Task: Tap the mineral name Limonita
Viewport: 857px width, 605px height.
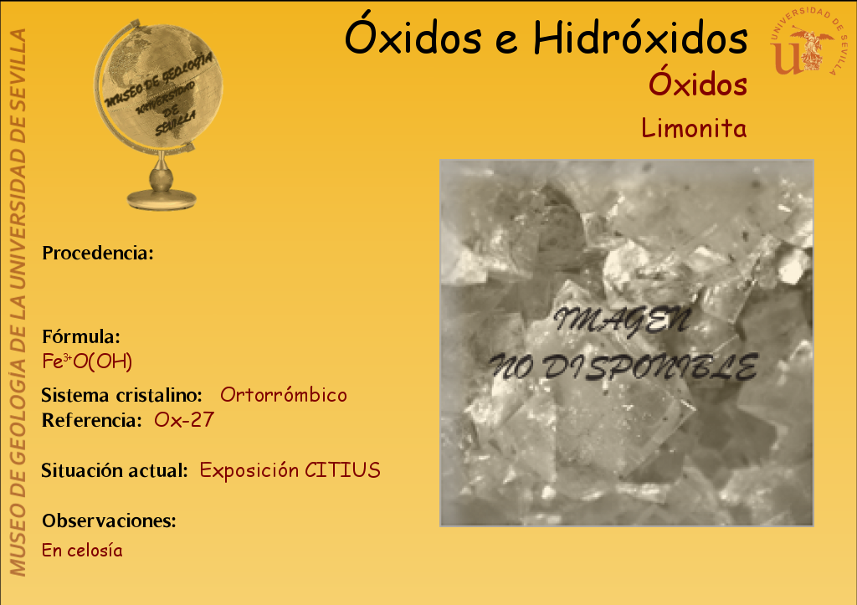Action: point(694,128)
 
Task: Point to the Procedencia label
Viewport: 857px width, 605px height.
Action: point(98,253)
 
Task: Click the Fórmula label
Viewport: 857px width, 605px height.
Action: point(81,336)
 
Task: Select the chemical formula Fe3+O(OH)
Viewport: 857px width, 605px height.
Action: point(87,361)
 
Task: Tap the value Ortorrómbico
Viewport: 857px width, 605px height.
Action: point(283,395)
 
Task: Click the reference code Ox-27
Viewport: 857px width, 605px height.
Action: point(183,420)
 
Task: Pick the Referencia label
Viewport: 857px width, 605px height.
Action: point(92,420)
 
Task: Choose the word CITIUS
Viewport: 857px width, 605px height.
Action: point(342,470)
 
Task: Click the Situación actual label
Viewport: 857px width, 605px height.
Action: point(115,470)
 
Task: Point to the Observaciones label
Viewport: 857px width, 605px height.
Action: point(110,520)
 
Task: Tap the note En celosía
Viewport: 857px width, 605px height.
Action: point(82,550)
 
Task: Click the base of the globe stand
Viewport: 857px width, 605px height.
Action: point(162,199)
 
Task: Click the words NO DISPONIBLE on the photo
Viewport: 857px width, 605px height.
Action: point(624,367)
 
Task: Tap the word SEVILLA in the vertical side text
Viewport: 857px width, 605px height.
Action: point(18,62)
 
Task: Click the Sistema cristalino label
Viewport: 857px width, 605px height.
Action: point(122,395)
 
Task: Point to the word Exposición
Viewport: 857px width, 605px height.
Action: point(249,470)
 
